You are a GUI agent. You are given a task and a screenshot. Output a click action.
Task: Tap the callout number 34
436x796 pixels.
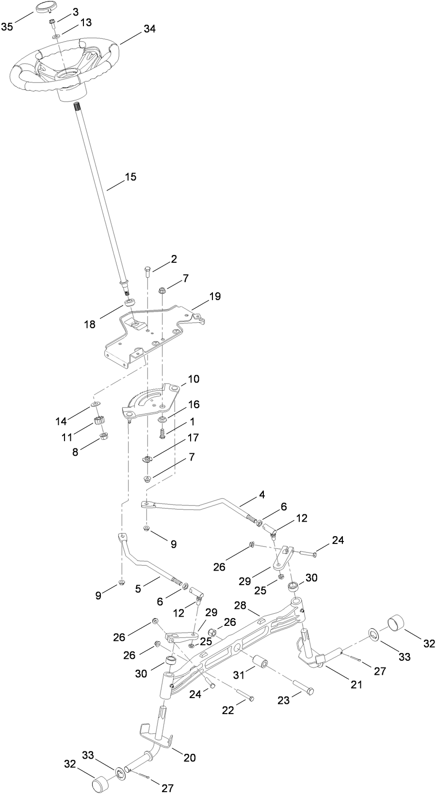coord(149,29)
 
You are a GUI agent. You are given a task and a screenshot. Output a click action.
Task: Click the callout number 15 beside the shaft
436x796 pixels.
coord(130,177)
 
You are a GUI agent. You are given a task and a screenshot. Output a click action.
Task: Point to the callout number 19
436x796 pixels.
coord(215,296)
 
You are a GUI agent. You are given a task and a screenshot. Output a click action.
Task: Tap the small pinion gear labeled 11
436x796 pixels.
coord(100,422)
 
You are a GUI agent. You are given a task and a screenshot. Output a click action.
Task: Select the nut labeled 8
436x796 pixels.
coord(103,437)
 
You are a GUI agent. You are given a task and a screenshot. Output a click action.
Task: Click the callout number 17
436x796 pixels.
coord(193,438)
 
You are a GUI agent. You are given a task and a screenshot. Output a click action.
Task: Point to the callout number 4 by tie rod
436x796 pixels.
coord(262,495)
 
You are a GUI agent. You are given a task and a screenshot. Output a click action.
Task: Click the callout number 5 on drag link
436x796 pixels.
coord(138,589)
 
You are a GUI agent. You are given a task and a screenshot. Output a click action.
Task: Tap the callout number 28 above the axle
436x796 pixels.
coord(240,605)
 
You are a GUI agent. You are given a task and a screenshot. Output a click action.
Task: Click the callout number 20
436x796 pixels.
coord(190,758)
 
